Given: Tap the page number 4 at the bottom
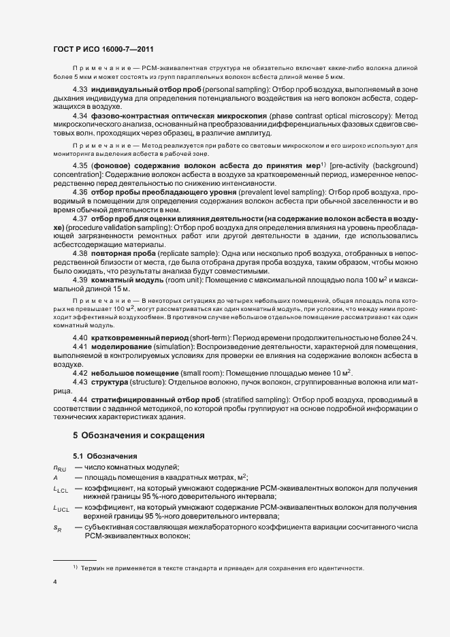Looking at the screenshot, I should pos(54,582).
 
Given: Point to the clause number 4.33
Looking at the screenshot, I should pos(80,90).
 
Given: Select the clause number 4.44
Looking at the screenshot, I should pos(80,398).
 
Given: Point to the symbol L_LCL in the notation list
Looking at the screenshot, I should pos(61,490).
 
